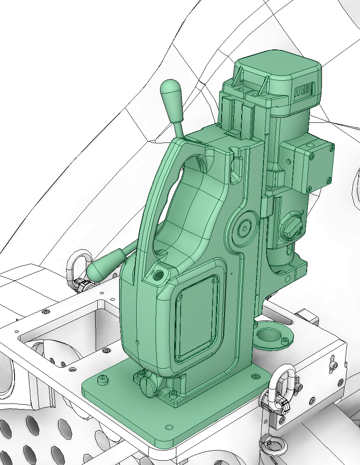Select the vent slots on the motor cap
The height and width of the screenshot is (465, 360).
(304, 90)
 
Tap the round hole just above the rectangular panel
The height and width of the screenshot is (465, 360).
(158, 275)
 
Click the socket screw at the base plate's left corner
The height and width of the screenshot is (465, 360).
(102, 379)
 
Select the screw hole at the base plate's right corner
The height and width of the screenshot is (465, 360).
(255, 376)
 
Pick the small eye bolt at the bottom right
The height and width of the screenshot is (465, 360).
(273, 445)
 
